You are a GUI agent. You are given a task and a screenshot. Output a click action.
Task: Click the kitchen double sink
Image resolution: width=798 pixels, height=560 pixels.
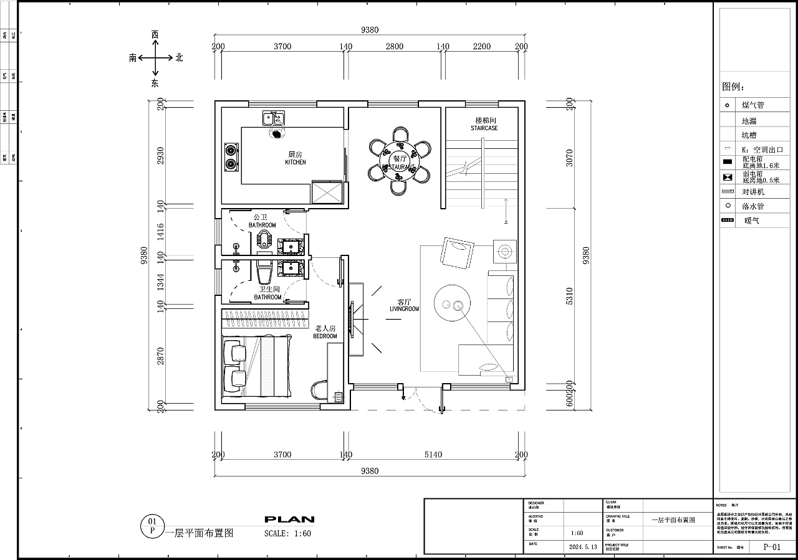(273, 117)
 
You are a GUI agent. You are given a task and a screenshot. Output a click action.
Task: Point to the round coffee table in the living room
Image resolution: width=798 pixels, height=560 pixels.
(453, 304)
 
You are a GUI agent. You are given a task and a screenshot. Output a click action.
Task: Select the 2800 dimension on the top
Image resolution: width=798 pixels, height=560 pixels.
(394, 46)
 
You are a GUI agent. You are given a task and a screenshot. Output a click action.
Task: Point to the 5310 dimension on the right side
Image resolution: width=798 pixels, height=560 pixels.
(569, 300)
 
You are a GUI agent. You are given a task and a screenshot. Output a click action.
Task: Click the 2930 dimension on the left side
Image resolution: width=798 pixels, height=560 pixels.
(160, 156)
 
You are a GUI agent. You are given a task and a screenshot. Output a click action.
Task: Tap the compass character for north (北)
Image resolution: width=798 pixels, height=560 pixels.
(179, 57)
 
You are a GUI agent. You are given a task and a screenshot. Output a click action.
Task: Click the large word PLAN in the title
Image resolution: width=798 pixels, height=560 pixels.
(289, 519)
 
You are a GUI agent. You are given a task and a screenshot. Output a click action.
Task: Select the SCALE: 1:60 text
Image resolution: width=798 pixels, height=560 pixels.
(287, 533)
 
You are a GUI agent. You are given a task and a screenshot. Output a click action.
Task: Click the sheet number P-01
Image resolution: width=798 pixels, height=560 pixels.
(772, 547)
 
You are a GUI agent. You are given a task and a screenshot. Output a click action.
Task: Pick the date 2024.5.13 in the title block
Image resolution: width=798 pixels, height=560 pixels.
(583, 547)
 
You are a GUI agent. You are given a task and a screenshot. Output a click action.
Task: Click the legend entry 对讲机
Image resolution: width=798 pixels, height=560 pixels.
(752, 192)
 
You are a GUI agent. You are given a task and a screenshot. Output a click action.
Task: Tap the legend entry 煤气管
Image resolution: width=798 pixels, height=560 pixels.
(752, 105)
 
